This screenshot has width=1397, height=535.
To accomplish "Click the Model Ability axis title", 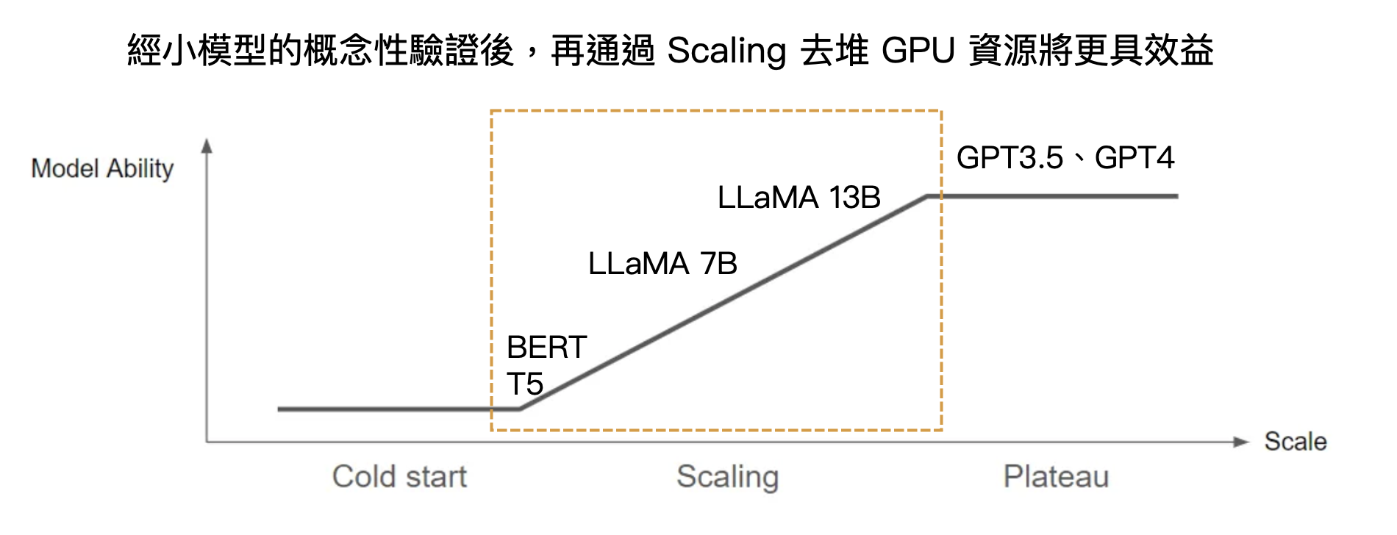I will coord(102,168).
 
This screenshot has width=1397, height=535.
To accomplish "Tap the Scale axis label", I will coord(1295,441).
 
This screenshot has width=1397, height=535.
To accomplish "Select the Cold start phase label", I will coord(399,476).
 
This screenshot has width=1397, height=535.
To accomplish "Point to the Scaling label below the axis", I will coord(727,476).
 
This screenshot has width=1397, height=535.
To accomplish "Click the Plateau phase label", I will coord(1056,476).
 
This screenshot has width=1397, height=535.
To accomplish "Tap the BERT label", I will coord(546,347).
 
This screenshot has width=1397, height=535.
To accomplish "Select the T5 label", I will coord(524,384).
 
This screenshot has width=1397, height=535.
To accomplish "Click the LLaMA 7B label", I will coord(662,263).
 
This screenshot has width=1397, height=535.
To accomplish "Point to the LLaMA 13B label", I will coord(798,197).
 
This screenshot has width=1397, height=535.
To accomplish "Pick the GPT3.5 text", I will coord(1010,157).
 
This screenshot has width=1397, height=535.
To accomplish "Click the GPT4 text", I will coord(1134,157).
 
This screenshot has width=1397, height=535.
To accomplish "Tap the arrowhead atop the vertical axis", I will coord(207,146).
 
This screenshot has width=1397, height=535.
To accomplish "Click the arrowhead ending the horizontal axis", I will coord(1241,442).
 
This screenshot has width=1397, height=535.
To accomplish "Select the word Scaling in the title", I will coord(726,51).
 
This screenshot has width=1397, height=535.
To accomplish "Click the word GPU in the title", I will coord(918,51).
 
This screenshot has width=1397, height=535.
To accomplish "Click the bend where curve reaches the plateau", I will coord(927,196).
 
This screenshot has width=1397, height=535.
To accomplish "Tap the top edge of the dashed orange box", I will coord(716,111).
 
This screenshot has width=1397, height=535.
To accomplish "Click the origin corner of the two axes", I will coord(207,442).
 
